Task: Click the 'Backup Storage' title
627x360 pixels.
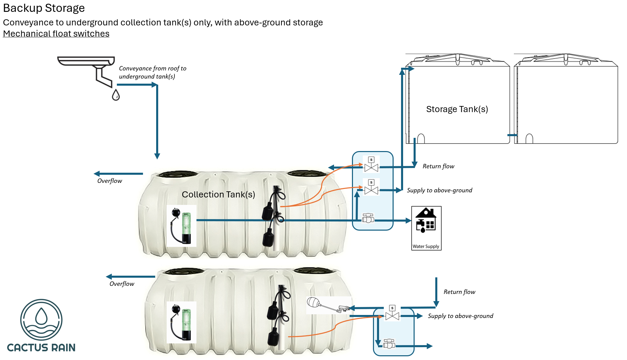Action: pos(44,8)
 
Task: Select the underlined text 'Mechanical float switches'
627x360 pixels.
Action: pos(56,34)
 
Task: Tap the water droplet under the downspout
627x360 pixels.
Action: pos(116,95)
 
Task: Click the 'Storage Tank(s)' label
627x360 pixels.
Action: pos(457,109)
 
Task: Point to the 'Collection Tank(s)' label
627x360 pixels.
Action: pos(218,195)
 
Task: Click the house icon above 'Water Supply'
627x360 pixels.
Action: pos(426,220)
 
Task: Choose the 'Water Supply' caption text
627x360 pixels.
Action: pos(426,247)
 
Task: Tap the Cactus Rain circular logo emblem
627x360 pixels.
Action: pos(41,320)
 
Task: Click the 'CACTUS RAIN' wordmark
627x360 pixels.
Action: pos(41,348)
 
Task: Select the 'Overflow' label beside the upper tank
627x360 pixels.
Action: pos(110,181)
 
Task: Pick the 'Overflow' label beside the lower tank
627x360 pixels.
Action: pos(122,284)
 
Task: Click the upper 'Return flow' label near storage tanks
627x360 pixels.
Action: pos(438,166)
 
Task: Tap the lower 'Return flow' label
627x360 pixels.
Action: pos(459,292)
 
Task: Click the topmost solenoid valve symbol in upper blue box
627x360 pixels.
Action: pos(371,164)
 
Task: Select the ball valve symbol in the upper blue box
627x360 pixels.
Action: pos(368,218)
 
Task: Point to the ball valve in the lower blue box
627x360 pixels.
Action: pos(389,344)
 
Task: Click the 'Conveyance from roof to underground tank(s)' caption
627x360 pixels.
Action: pos(152,72)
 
